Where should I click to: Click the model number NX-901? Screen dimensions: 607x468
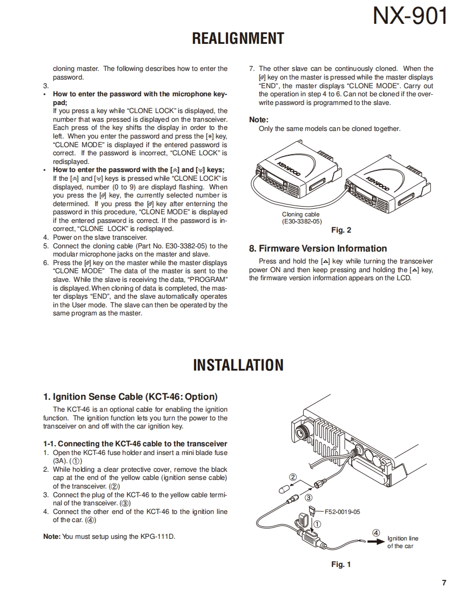pyautogui.click(x=410, y=17)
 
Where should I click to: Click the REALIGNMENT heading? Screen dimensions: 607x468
pyautogui.click(x=238, y=38)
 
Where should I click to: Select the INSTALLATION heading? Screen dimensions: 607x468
pyautogui.click(x=238, y=365)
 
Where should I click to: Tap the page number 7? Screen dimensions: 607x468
pyautogui.click(x=444, y=583)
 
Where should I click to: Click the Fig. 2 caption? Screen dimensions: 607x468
pyautogui.click(x=341, y=230)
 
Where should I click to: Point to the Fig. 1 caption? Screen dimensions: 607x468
pyautogui.click(x=341, y=564)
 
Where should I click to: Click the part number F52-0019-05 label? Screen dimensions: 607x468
pyautogui.click(x=342, y=511)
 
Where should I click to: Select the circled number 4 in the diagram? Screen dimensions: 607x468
pyautogui.click(x=377, y=532)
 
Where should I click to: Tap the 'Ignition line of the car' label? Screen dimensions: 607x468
pyautogui.click(x=403, y=542)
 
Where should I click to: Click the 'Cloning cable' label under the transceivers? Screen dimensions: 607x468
pyautogui.click(x=300, y=215)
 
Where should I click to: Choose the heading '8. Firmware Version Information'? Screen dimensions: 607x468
pyautogui.click(x=318, y=248)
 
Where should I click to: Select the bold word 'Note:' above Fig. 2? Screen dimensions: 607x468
pyautogui.click(x=258, y=120)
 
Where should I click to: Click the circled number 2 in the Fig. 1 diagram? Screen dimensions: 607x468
pyautogui.click(x=293, y=477)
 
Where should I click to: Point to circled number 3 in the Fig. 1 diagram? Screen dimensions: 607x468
pyautogui.click(x=309, y=497)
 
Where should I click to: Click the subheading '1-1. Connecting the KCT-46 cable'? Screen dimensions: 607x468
pyautogui.click(x=135, y=444)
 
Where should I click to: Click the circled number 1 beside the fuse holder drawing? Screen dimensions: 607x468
pyautogui.click(x=317, y=524)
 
